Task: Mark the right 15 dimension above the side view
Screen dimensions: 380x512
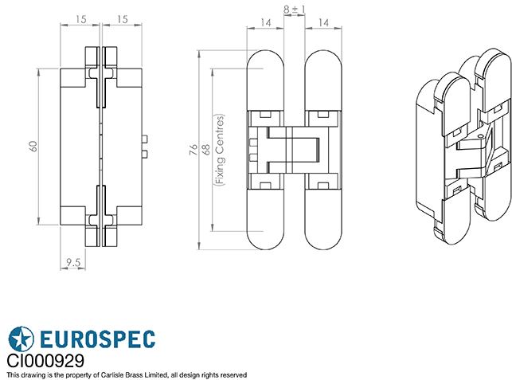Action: pyautogui.click(x=121, y=18)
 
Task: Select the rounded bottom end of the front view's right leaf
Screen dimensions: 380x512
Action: pyautogui.click(x=322, y=239)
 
